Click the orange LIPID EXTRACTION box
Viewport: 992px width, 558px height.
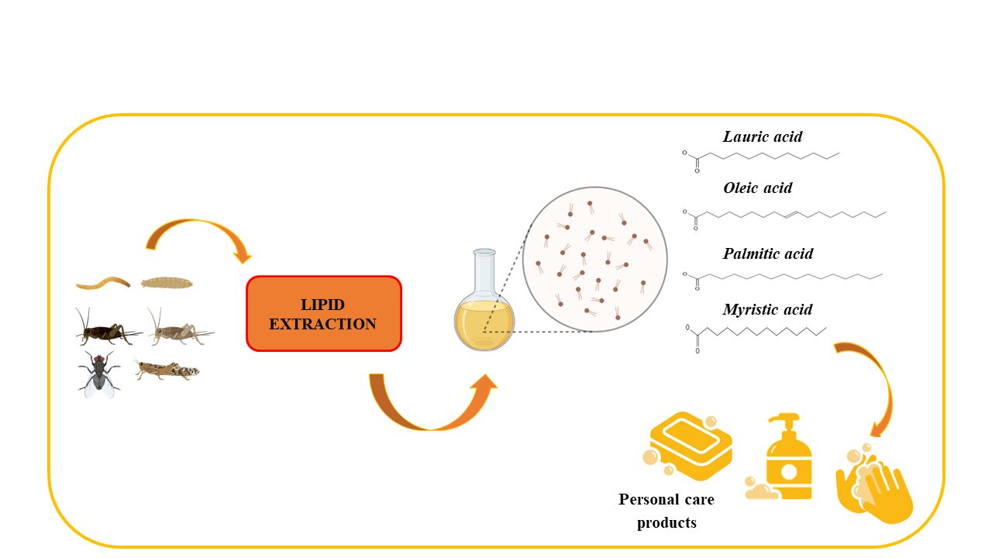pos(323,314)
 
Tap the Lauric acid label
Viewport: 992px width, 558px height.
pos(763,136)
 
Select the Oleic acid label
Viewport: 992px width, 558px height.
pos(757,188)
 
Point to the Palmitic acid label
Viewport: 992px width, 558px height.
pos(768,253)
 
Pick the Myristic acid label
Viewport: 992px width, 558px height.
pos(767,309)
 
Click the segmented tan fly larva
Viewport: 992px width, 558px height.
pos(167,282)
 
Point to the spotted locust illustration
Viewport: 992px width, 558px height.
pos(167,370)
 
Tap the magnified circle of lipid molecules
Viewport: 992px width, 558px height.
pos(594,260)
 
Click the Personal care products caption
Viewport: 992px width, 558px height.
pos(666,511)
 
